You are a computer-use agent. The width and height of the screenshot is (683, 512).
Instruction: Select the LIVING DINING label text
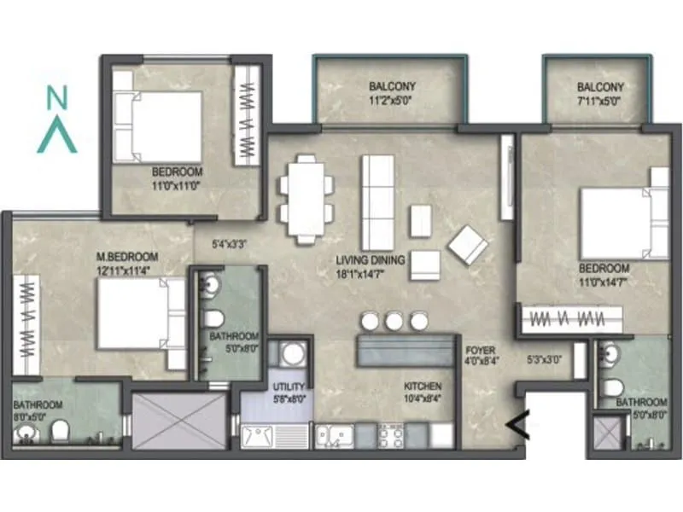tap(370, 259)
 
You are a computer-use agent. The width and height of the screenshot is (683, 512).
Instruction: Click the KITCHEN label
tap(423, 385)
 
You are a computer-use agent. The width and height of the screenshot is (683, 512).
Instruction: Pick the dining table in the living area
tap(305, 198)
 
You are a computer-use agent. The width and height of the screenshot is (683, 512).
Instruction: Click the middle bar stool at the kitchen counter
tap(393, 321)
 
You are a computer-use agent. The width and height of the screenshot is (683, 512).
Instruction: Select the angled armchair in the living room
tap(467, 244)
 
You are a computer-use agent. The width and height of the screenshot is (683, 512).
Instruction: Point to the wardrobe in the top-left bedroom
tap(248, 116)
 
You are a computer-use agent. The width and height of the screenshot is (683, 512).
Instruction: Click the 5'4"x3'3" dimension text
tap(230, 243)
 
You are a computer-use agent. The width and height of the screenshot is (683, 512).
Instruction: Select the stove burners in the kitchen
tap(390, 435)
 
